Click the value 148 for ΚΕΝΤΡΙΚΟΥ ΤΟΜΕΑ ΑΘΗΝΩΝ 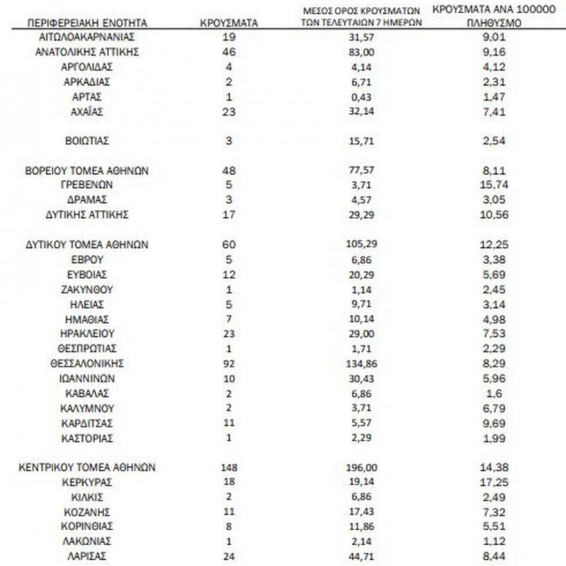[228, 467]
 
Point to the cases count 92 [228, 363]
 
